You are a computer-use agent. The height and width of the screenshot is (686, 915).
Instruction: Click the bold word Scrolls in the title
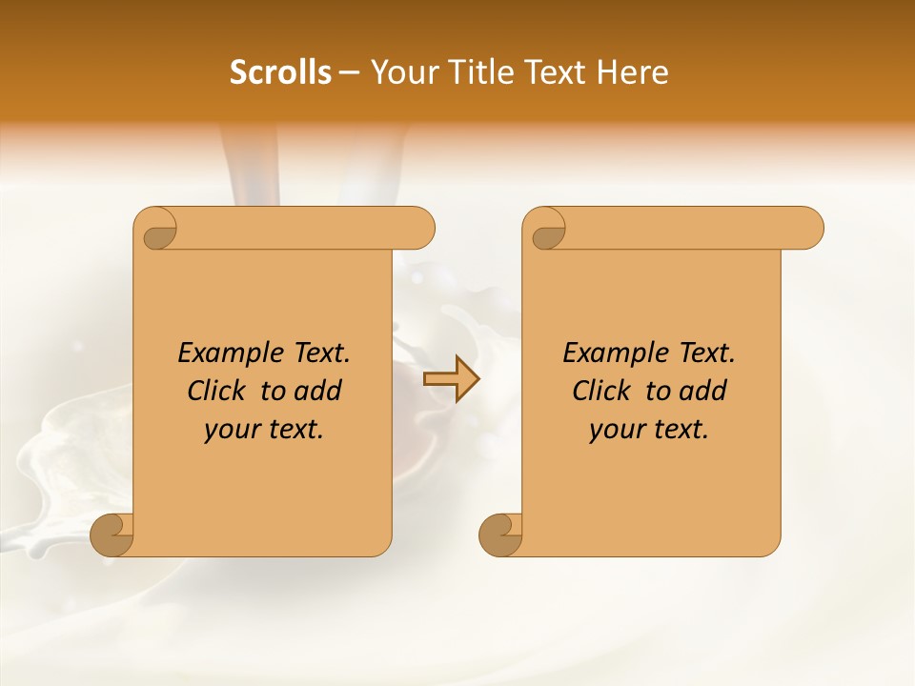click(280, 72)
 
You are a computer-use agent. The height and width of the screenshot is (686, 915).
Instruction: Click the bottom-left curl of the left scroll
click(112, 535)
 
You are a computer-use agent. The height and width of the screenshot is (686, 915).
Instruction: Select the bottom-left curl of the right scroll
click(499, 535)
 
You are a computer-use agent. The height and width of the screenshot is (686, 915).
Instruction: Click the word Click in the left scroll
click(215, 391)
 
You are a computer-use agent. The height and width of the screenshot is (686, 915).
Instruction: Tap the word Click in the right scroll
click(600, 391)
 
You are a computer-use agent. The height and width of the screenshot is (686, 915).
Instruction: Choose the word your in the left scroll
click(229, 431)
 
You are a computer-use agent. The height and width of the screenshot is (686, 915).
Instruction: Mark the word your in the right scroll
click(614, 431)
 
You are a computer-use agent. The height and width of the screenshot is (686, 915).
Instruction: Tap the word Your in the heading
click(403, 72)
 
